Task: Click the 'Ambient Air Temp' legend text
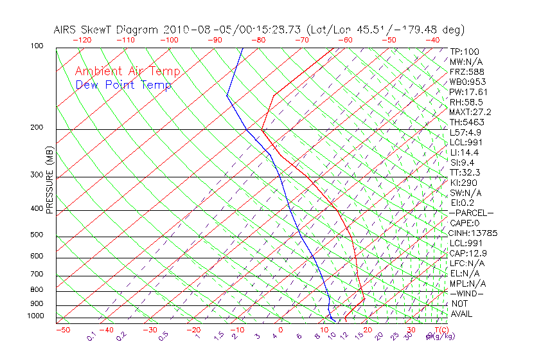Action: click(x=127, y=71)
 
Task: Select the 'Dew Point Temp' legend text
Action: click(x=123, y=85)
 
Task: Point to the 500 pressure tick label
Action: click(x=37, y=235)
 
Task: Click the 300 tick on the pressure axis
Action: click(x=37, y=175)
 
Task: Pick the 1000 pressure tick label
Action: click(x=35, y=316)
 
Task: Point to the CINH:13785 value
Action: click(x=474, y=233)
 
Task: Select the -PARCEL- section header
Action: click(x=471, y=213)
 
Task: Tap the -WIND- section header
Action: click(x=466, y=293)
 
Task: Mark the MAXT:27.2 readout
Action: click(x=470, y=112)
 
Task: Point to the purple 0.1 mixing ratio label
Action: click(x=91, y=336)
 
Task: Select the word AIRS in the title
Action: click(x=66, y=30)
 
